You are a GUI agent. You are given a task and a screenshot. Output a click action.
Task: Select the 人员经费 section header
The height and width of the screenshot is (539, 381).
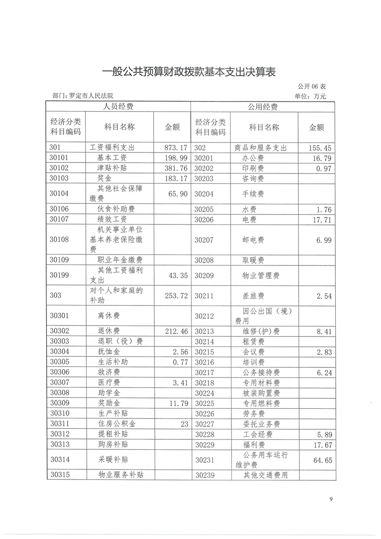[119, 107]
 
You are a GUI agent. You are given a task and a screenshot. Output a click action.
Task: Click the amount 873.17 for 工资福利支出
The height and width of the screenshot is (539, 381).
[176, 148]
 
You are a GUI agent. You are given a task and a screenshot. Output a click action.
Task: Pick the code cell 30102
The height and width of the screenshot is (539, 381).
[60, 168]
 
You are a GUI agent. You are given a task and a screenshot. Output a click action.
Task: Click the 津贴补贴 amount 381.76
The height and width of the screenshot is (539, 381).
[176, 168]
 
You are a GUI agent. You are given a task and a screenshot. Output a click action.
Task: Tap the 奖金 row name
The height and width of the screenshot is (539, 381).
[104, 178]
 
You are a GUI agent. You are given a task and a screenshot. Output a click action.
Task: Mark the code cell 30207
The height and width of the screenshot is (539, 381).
[206, 240]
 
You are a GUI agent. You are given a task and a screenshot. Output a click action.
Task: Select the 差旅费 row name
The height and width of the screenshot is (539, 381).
[253, 296]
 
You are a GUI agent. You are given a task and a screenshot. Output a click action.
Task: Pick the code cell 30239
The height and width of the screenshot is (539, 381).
[206, 475]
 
